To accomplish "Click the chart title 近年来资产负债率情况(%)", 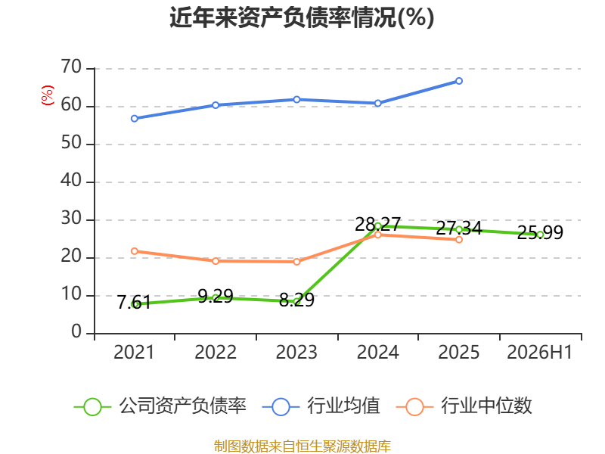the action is tap(302, 17).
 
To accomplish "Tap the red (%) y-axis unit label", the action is tap(48, 95).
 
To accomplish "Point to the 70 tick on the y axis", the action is tap(71, 67).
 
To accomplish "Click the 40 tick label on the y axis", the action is tap(71, 181).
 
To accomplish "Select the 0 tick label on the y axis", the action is tap(76, 332).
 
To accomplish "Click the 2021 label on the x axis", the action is tap(134, 353).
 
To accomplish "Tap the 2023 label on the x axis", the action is tap(296, 353).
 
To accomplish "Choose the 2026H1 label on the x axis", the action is tap(539, 353).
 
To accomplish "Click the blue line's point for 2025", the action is tap(459, 81).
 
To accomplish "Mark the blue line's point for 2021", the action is tap(135, 119).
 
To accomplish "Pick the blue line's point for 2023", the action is tap(296, 100).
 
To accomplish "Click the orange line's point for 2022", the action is tap(216, 261).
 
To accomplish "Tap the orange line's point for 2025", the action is tap(459, 240).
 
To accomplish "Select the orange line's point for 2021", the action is tap(135, 251).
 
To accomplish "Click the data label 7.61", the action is tap(134, 302).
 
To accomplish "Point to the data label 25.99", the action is tap(540, 232).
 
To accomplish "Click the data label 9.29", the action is tap(216, 297).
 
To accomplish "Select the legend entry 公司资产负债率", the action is tap(160, 406).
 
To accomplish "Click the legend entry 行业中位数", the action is tap(464, 406).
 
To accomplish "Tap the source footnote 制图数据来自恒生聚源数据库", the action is tap(302, 446).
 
